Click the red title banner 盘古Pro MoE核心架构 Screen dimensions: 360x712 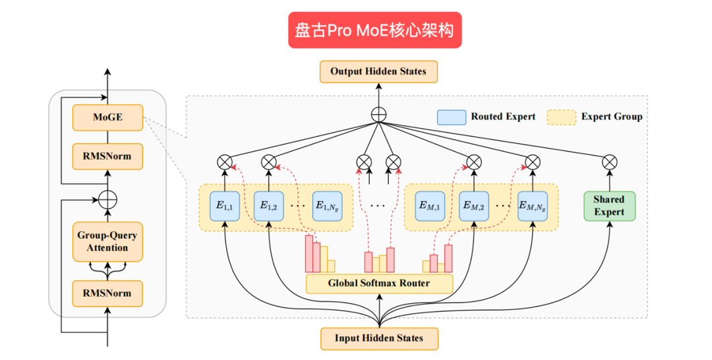click(374, 30)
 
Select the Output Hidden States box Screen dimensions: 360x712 click(378, 71)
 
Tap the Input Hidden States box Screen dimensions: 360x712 click(379, 338)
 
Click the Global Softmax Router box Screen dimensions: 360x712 click(379, 284)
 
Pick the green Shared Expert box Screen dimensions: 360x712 click(608, 206)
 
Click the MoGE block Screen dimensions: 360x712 click(107, 117)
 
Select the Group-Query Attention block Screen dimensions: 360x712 click(107, 241)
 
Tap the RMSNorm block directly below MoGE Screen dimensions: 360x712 click(107, 156)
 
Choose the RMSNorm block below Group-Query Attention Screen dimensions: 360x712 click(107, 293)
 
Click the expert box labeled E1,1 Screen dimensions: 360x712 click(225, 206)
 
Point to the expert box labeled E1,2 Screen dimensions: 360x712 click(268, 206)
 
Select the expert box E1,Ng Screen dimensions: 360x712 click(328, 206)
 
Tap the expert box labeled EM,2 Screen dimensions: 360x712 click(473, 206)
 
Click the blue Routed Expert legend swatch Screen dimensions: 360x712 click(451, 117)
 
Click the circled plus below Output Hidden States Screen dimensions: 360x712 click(378, 113)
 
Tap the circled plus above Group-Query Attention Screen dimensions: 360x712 click(107, 198)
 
